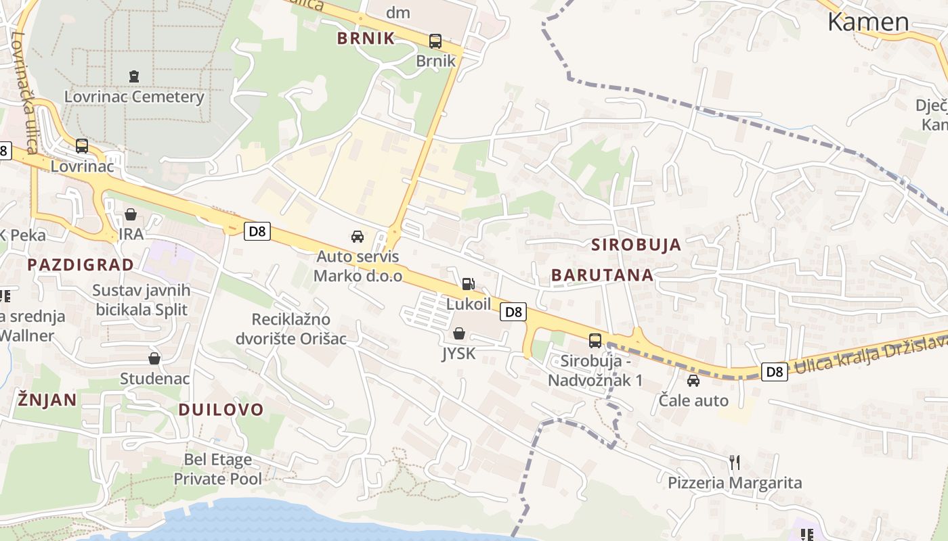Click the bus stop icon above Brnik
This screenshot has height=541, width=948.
tap(435, 41)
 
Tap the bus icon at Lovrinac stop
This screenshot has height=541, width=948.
tap(82, 145)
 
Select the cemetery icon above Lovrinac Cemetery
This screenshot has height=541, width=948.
tap(134, 76)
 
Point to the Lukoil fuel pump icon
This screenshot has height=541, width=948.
tap(468, 284)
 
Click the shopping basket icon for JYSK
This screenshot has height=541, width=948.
tap(459, 333)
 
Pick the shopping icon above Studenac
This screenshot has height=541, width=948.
tap(154, 358)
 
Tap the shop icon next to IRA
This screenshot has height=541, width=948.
tap(131, 214)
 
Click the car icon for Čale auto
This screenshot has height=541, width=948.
tap(693, 381)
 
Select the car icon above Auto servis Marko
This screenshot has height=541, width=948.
tap(358, 237)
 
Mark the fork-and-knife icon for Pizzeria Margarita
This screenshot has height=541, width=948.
tap(735, 463)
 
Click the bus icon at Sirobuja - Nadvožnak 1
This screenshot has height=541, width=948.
tap(595, 341)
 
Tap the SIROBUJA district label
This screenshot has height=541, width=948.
tap(636, 245)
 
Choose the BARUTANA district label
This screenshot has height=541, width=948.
tap(602, 275)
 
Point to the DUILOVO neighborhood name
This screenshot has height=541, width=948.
tap(221, 409)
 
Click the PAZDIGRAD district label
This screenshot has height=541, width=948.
tap(81, 264)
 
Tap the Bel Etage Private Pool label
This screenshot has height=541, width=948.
tap(217, 469)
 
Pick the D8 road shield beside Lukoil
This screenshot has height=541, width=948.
tap(514, 312)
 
